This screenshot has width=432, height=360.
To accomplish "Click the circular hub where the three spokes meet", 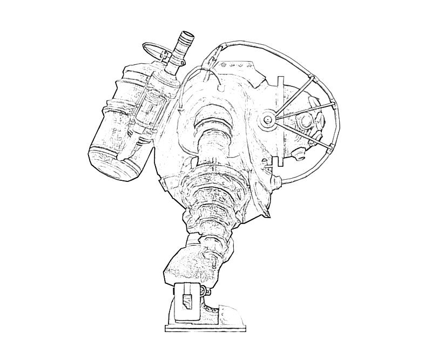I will pyautogui.click(x=268, y=120).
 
